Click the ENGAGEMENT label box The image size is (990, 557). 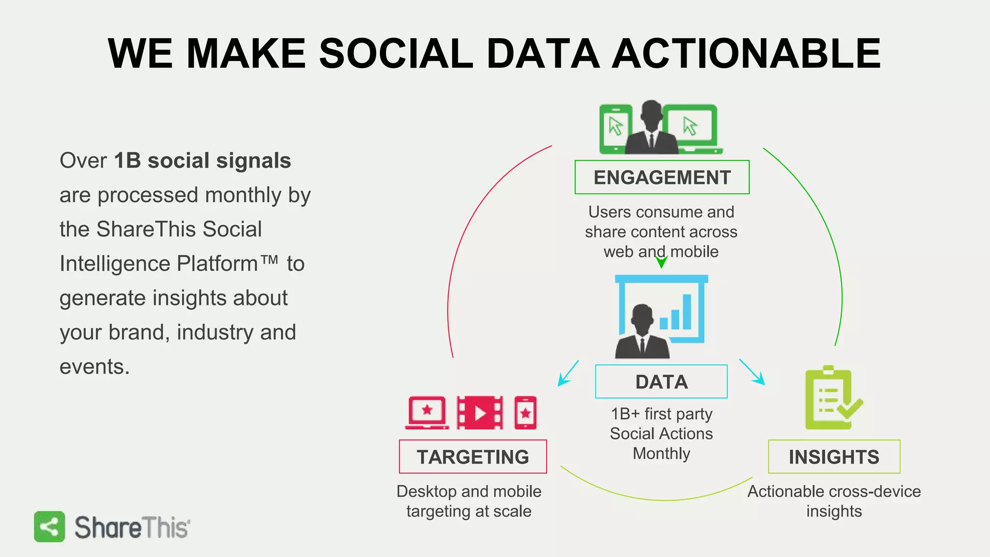pyautogui.click(x=662, y=177)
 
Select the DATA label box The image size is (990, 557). pyautogui.click(x=661, y=382)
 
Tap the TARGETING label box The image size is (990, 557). pyautogui.click(x=473, y=457)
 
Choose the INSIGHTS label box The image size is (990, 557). pyautogui.click(x=834, y=457)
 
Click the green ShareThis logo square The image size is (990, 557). pyautogui.click(x=49, y=527)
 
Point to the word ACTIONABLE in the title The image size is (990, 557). pyautogui.click(x=746, y=53)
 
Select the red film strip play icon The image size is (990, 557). pyautogui.click(x=480, y=413)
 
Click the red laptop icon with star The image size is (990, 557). pyautogui.click(x=427, y=412)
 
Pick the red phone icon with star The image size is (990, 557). pyautogui.click(x=525, y=413)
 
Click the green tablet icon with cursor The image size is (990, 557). pyautogui.click(x=615, y=129)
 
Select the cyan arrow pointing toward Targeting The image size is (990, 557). pyautogui.click(x=568, y=373)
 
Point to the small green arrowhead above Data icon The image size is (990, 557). pyautogui.click(x=661, y=263)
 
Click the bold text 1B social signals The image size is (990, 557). pyautogui.click(x=203, y=161)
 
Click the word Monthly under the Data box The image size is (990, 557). pyautogui.click(x=661, y=454)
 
